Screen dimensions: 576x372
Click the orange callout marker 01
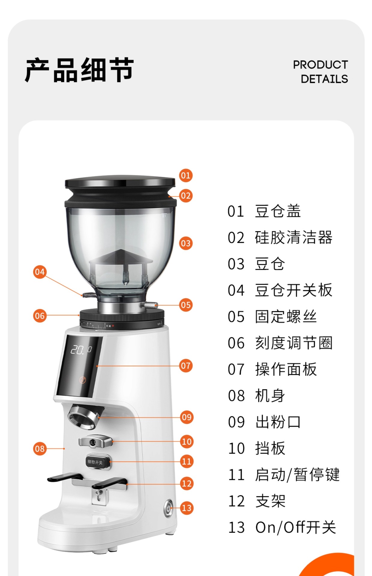coord(186,175)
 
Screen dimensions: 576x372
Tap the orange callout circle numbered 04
coord(40,272)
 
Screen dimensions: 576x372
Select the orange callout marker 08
coord(40,449)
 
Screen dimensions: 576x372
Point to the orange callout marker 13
coord(187,508)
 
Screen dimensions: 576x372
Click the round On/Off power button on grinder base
coord(168,508)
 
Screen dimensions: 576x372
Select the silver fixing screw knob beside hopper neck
coord(150,305)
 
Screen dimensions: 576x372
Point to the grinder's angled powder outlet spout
coord(83,417)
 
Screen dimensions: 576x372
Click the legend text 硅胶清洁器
coord(293,238)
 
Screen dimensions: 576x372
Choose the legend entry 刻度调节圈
coord(293,343)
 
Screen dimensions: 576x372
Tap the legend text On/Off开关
coord(295,527)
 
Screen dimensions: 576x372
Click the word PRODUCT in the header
coord(320,65)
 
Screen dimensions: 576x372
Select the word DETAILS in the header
coord(324,79)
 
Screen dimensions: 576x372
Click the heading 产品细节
coord(79,70)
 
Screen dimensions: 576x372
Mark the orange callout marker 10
coord(187,442)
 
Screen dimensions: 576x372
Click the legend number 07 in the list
coord(236,370)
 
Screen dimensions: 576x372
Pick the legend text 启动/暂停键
coord(297,475)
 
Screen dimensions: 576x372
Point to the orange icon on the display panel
coord(82,380)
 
